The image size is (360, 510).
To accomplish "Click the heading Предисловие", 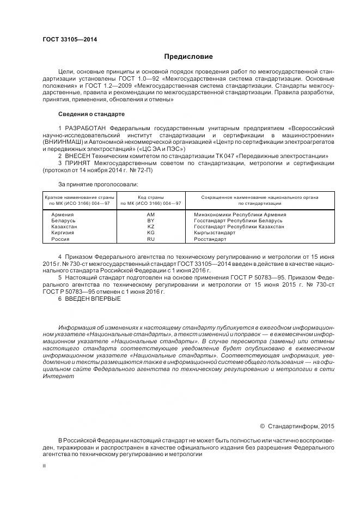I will tap(188, 57).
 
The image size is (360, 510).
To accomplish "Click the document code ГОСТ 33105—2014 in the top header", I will tap(66, 40).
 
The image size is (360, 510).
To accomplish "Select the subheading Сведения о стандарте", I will tap(91, 114).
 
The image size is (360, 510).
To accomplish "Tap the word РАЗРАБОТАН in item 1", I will tap(87, 128).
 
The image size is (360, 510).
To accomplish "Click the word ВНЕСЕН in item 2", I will tap(79, 155).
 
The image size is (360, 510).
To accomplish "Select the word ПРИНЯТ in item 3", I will tap(79, 162).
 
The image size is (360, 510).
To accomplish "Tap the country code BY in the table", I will tap(151, 221).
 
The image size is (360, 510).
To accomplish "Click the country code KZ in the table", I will tap(151, 227).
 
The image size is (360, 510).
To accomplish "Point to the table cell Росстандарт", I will tap(210, 239).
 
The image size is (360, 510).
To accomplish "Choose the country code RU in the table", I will tap(151, 239).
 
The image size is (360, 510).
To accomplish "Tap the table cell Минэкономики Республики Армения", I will tap(240, 215).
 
